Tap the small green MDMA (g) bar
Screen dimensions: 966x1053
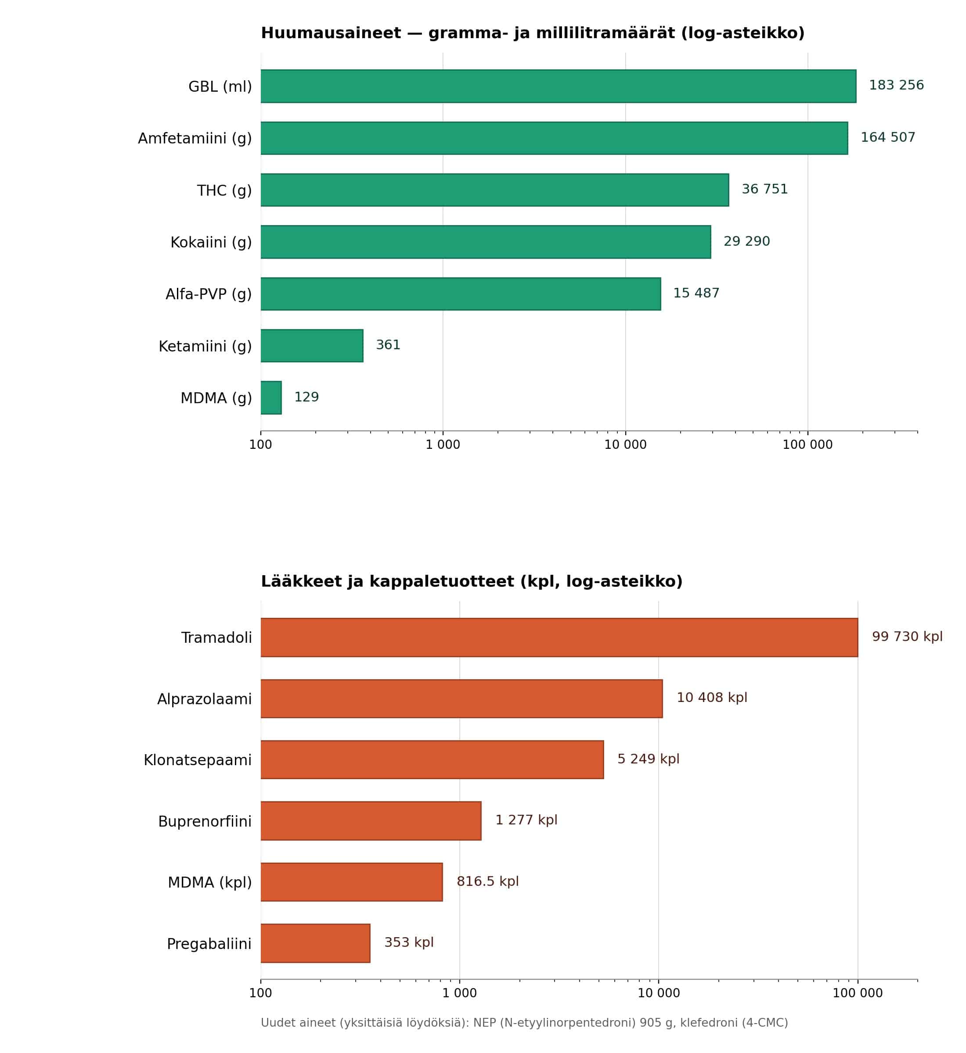271,398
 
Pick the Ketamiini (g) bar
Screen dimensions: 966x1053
312,346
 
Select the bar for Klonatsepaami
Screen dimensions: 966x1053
433,759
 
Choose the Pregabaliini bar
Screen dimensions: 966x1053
315,943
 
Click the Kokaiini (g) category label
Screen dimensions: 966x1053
211,243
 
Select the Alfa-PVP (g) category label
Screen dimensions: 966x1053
209,294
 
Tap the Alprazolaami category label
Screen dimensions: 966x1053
204,699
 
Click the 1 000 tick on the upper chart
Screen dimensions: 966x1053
443,444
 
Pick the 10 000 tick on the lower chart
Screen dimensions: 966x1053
659,993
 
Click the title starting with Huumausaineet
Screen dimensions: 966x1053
532,33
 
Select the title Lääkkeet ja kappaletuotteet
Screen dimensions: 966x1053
472,581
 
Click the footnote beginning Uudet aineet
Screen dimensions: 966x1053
524,1023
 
